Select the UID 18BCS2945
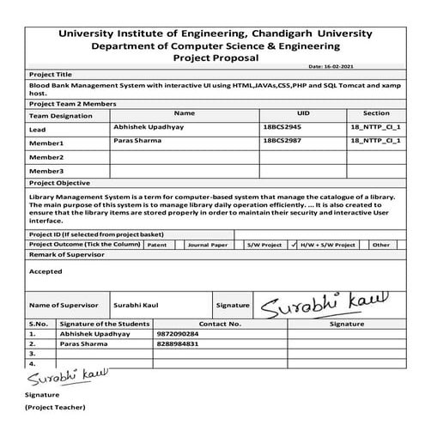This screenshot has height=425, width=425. tap(282, 126)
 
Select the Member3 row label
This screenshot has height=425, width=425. tap(46, 171)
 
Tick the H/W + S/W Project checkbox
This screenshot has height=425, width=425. tap(295, 245)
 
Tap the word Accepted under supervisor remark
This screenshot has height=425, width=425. tap(46, 270)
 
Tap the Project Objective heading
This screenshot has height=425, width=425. tap(61, 183)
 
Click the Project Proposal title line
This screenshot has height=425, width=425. tap(214, 58)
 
